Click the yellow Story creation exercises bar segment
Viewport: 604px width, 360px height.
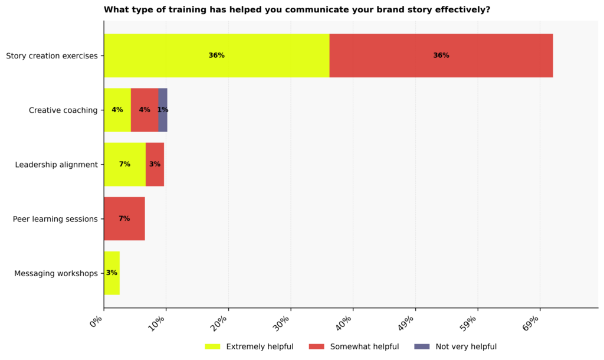[216, 55]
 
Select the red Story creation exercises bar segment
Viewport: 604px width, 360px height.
[441, 55]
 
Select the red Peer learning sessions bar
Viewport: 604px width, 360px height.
[124, 218]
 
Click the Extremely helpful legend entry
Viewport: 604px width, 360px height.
[249, 346]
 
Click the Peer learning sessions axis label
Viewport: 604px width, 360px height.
[55, 219]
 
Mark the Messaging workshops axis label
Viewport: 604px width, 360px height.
[55, 273]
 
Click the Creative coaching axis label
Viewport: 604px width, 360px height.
[63, 110]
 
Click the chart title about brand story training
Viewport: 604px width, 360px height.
[297, 9]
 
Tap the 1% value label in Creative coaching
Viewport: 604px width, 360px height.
[163, 110]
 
